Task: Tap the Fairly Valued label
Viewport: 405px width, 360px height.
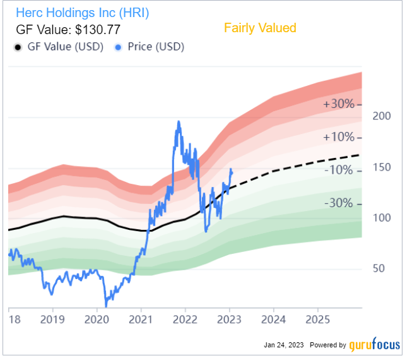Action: point(259,28)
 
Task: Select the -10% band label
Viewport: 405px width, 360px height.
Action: point(338,169)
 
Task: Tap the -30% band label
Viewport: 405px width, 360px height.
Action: point(338,203)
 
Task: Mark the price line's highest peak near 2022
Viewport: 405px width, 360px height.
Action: point(179,122)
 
